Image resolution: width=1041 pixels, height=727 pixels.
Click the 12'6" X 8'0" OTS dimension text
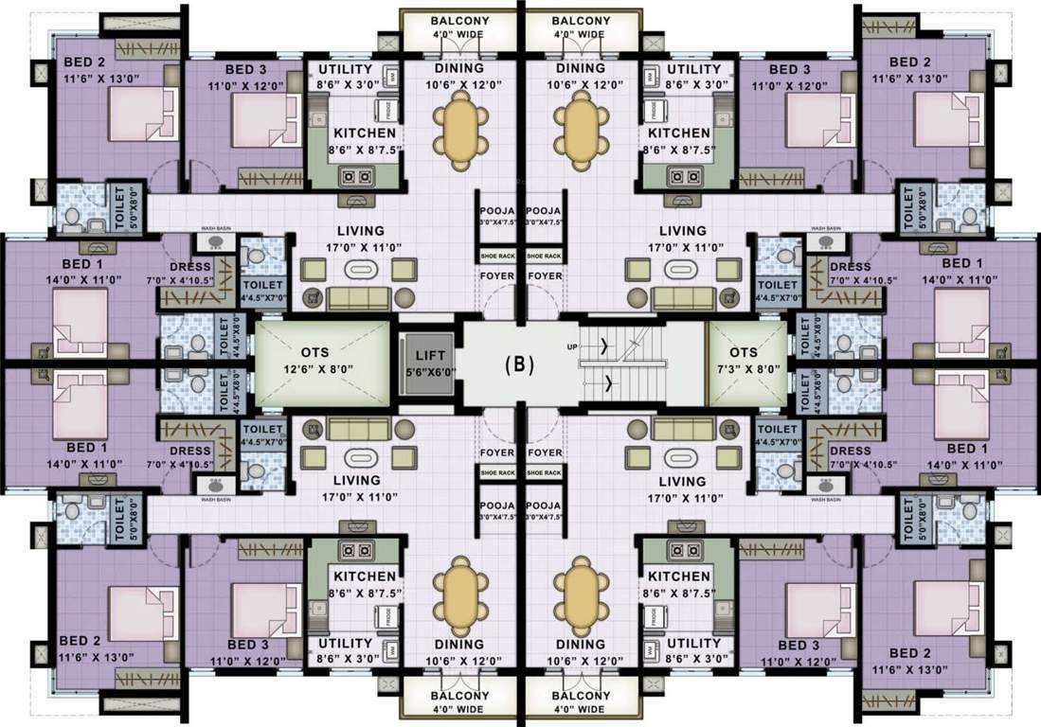[322, 369]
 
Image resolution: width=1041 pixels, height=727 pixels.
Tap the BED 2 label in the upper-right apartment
[906, 63]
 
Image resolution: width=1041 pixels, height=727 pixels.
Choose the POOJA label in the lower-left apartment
[497, 505]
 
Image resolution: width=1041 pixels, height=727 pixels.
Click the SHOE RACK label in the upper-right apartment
[543, 256]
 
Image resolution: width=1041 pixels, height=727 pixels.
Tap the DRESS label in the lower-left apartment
[189, 452]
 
